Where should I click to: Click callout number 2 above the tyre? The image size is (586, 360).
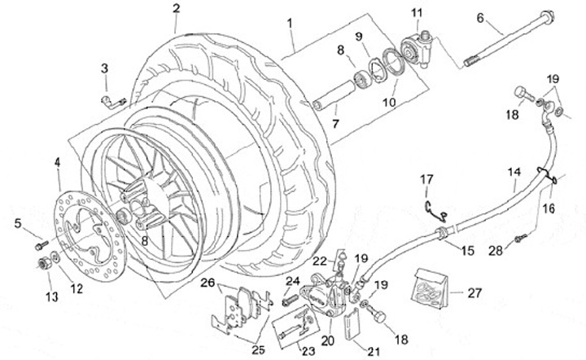[175, 9]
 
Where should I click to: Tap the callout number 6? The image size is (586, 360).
[479, 17]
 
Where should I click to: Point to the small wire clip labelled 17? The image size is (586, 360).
[435, 207]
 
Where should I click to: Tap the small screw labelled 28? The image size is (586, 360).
[521, 238]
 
